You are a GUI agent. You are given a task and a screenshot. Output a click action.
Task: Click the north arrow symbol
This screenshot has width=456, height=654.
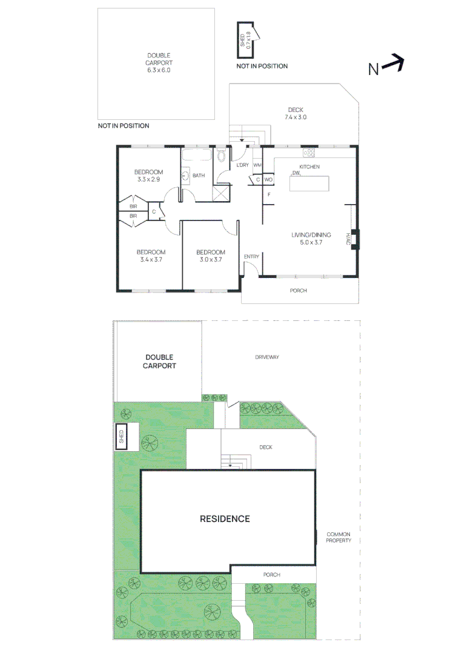392,63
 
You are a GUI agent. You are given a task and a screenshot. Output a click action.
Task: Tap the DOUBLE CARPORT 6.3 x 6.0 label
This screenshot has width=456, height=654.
159,62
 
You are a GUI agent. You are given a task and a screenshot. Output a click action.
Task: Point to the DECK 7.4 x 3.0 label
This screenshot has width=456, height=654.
296,113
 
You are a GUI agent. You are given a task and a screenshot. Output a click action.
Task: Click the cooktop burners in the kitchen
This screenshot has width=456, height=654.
309,152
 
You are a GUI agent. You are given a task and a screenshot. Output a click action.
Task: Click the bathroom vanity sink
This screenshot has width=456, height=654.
185,176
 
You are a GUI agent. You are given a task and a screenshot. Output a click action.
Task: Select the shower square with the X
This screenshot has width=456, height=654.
220,193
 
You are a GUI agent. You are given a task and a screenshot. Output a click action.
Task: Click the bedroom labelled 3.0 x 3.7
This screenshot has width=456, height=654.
211,256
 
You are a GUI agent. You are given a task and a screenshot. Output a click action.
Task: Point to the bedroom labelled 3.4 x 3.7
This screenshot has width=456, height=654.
151,256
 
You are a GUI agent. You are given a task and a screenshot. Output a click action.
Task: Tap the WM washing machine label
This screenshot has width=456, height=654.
257,165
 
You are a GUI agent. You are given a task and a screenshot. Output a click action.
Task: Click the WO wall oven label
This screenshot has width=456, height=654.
268,180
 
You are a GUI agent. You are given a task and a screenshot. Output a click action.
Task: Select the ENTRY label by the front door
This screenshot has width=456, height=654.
251,257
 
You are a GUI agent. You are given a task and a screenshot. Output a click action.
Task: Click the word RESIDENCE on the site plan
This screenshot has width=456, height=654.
225,519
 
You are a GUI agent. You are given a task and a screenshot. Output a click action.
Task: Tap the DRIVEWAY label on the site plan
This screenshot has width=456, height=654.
266,357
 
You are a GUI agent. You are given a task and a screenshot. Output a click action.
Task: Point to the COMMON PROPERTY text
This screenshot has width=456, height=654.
339,537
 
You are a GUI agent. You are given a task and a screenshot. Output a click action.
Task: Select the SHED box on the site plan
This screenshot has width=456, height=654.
121,437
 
